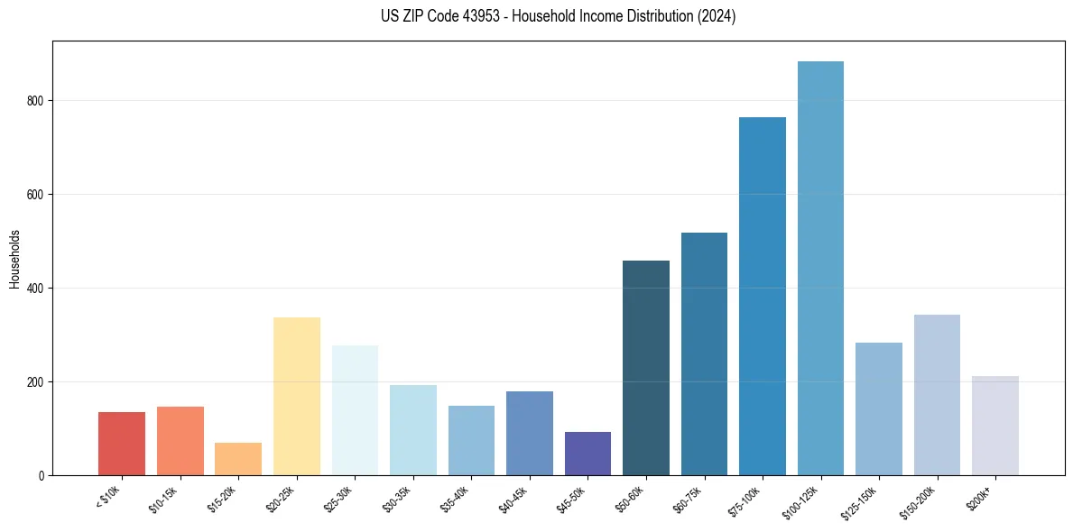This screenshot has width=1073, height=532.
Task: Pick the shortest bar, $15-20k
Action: (x=238, y=459)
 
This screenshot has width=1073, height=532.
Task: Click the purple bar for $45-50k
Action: (x=587, y=454)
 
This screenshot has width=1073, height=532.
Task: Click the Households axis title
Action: (x=14, y=258)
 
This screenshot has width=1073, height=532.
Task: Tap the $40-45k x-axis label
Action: (x=512, y=500)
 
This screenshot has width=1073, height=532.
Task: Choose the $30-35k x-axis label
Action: (x=395, y=500)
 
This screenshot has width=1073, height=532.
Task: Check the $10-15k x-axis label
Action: (x=162, y=500)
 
